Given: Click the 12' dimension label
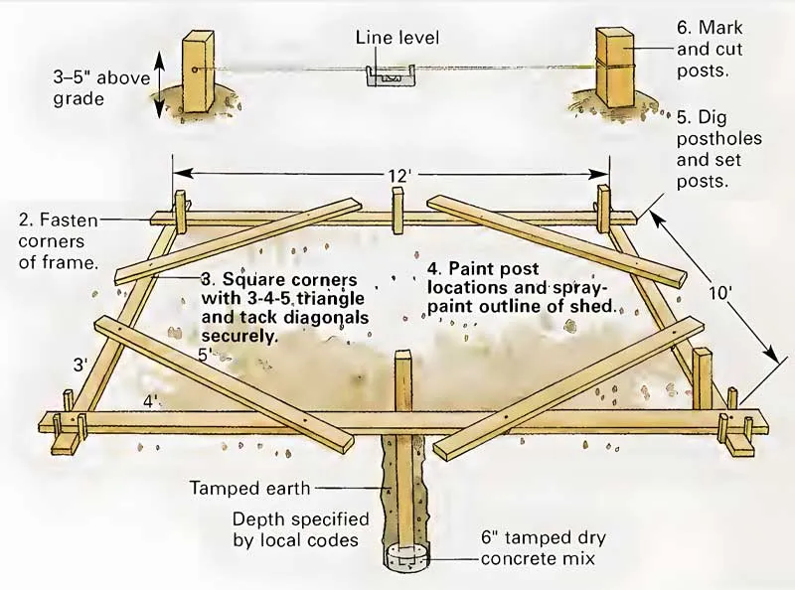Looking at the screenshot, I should click(397, 175).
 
